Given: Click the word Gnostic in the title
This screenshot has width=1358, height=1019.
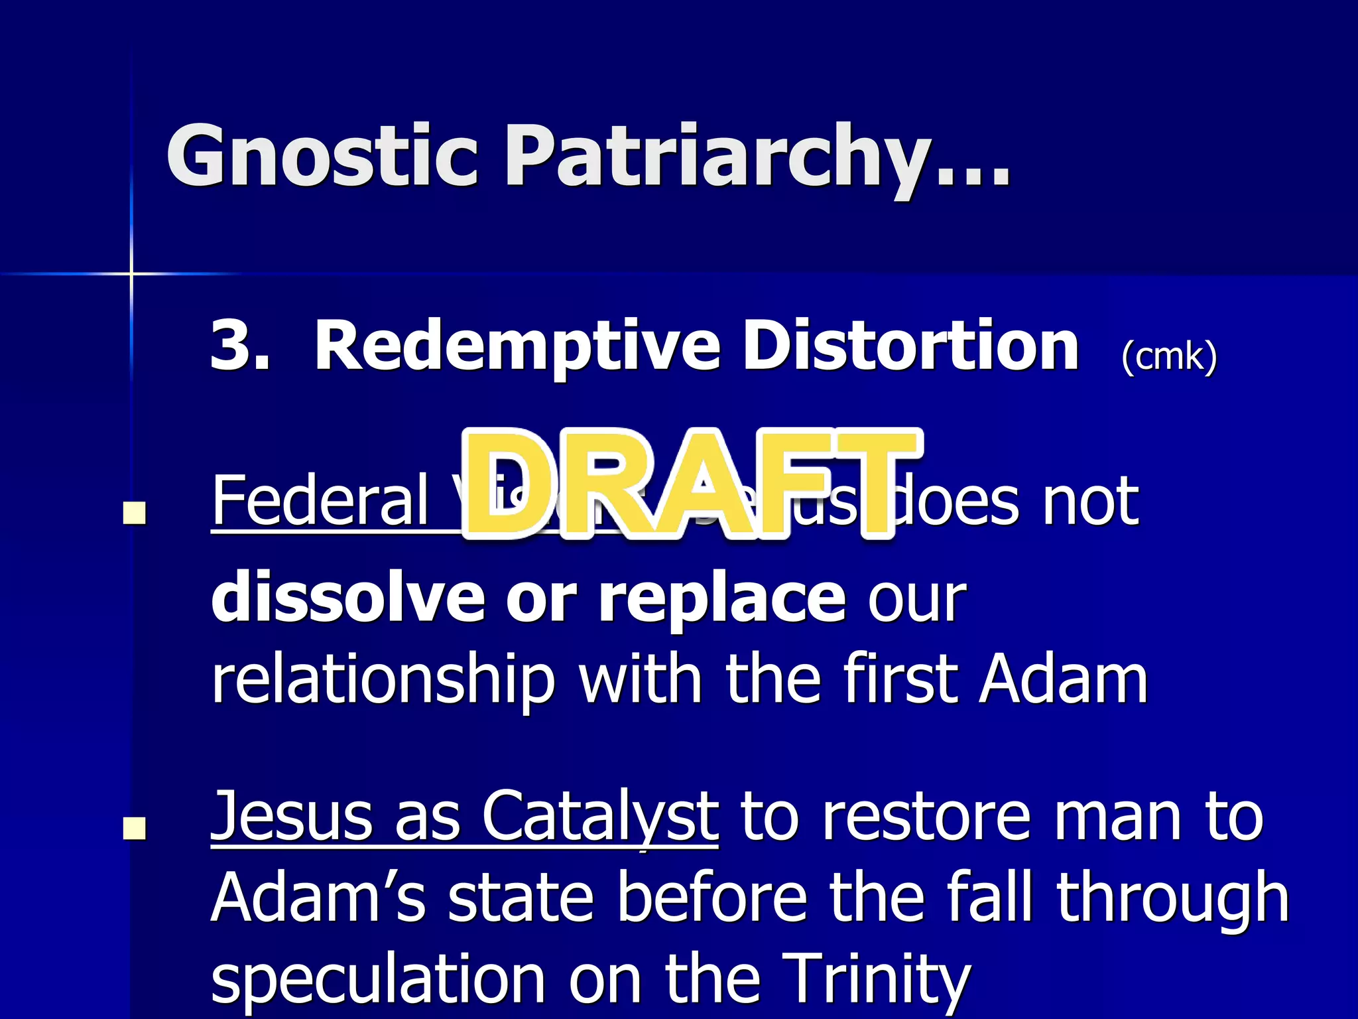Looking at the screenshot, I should (x=322, y=156).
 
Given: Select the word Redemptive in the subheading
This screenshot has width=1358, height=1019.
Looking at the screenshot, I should (x=517, y=346).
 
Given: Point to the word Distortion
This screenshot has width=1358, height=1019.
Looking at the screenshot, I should (x=910, y=346).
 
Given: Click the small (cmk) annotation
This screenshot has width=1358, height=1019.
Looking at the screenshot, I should (x=1169, y=357).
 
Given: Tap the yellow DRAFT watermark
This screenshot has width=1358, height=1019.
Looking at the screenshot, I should (x=690, y=484).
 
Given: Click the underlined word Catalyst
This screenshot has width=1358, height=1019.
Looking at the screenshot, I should (x=599, y=817).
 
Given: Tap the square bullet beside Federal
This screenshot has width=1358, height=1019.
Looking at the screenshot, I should (x=135, y=513).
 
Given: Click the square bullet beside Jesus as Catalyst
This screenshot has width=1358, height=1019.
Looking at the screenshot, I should (x=135, y=828).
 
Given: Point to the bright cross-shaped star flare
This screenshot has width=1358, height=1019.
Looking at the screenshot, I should (x=131, y=273).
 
